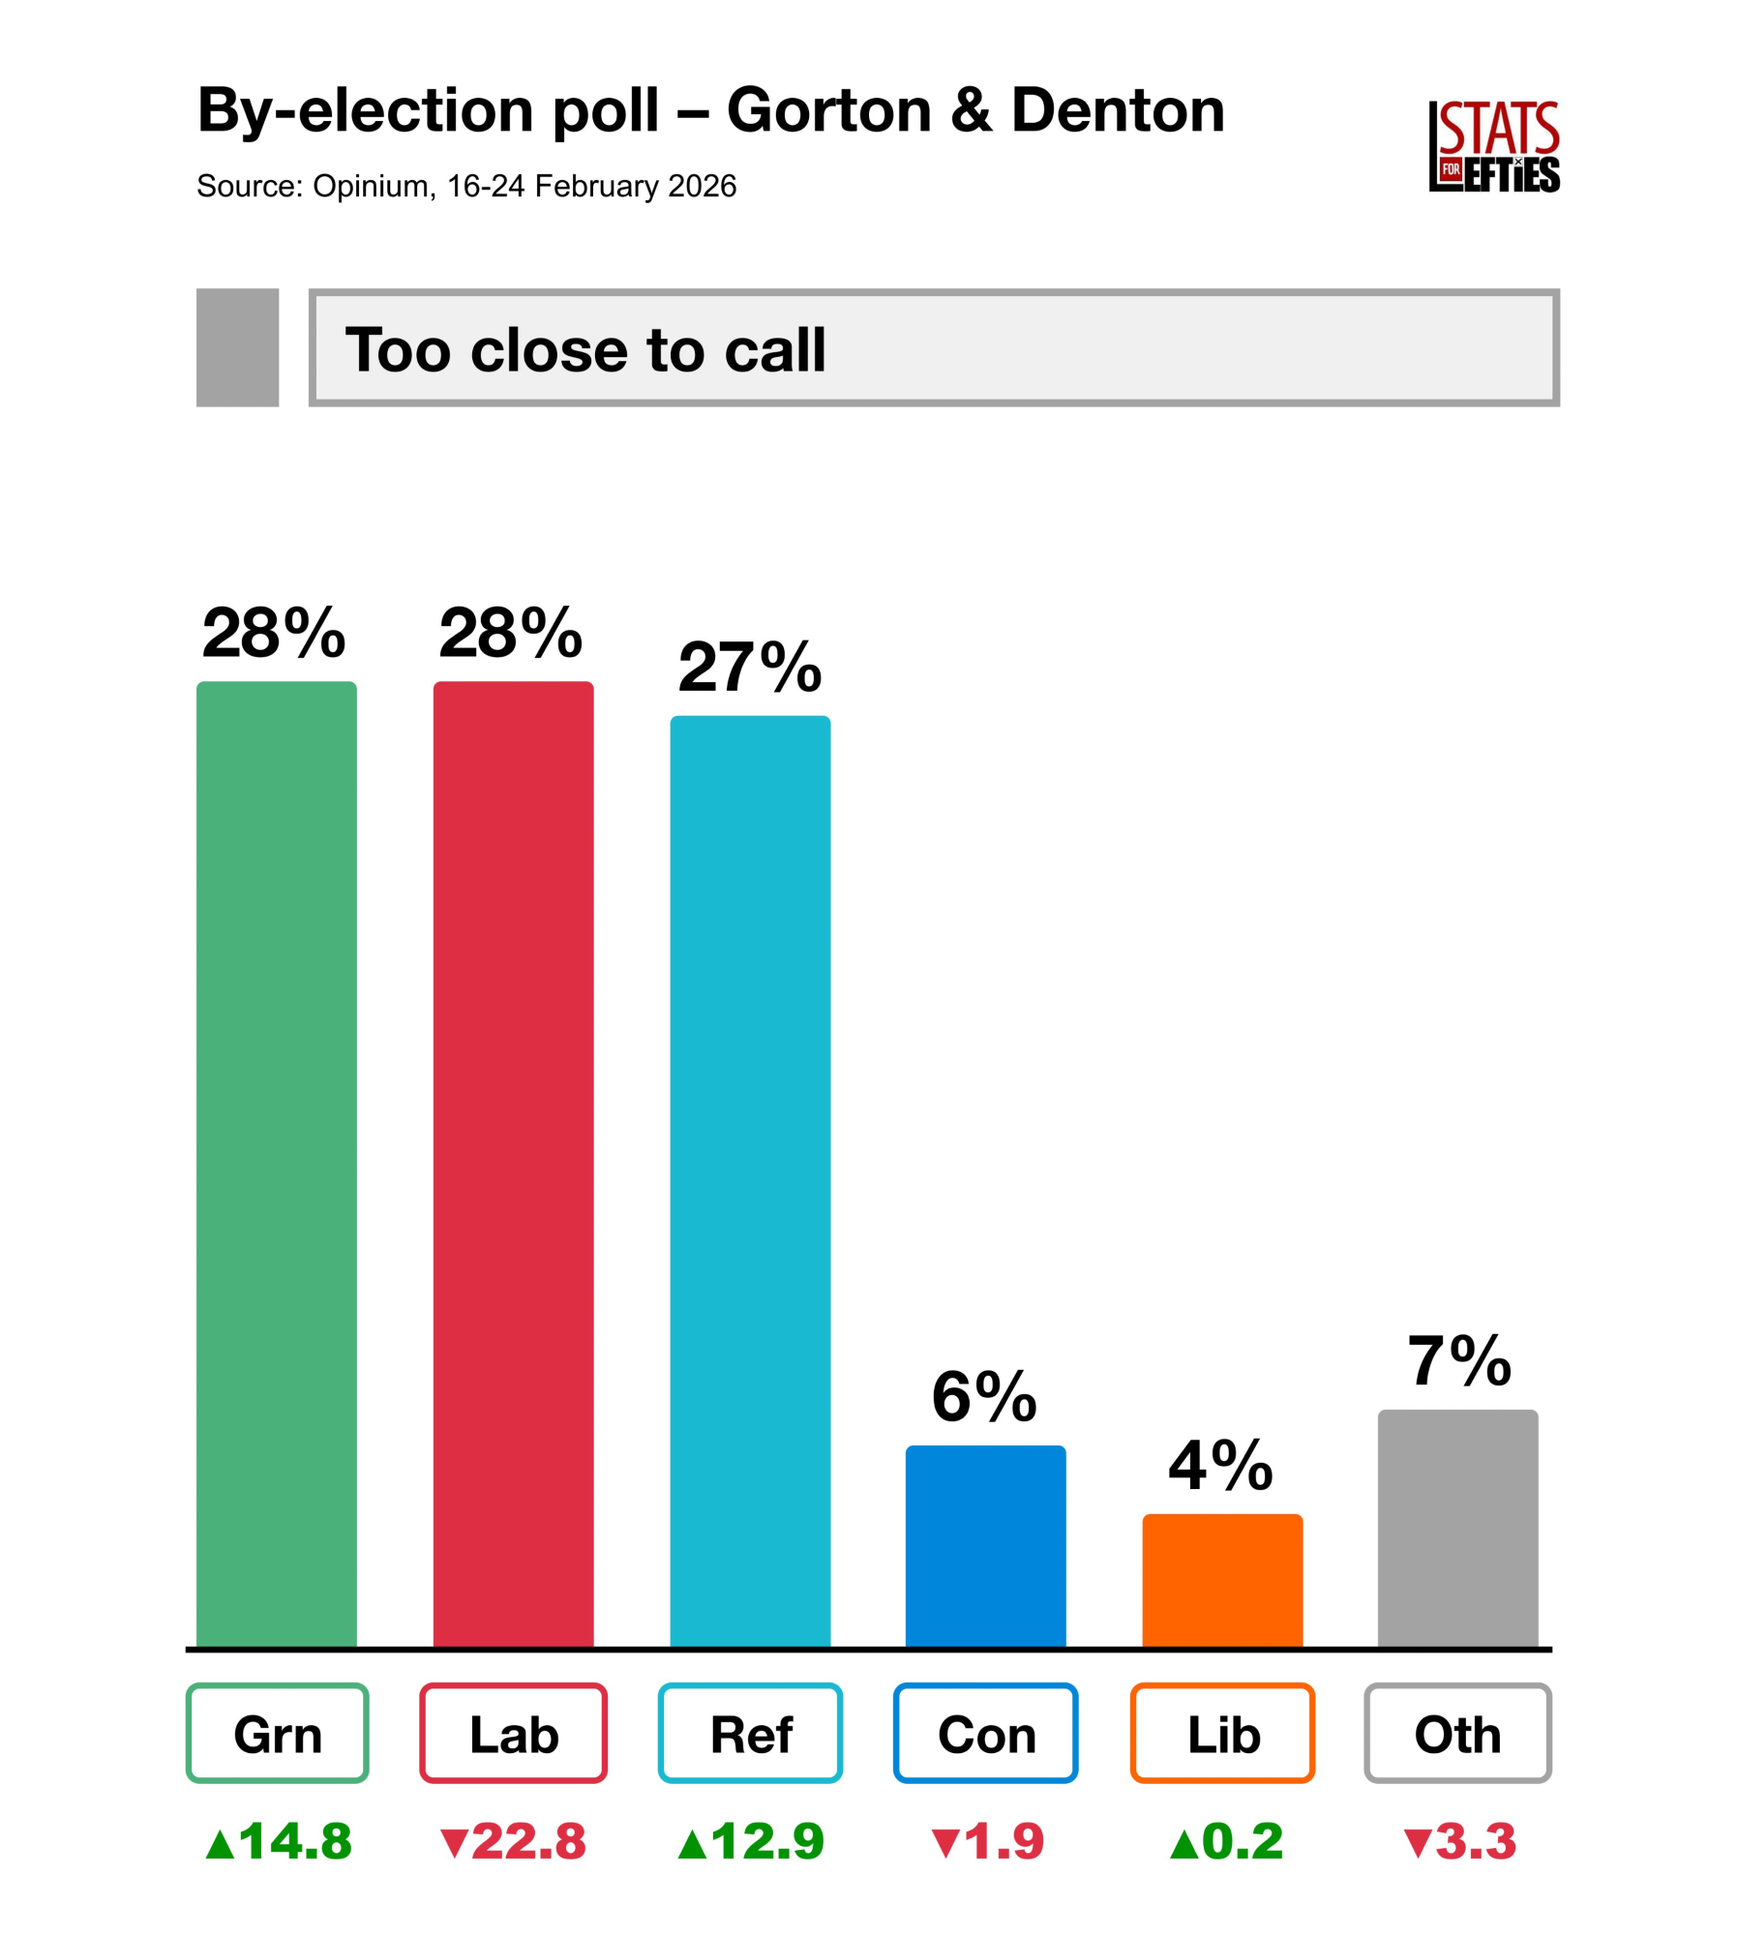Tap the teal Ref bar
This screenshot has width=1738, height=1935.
click(x=750, y=1180)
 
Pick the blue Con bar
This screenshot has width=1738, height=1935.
click(x=985, y=1546)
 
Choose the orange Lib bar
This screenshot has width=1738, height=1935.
click(x=1222, y=1580)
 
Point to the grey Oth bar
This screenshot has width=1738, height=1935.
click(x=1457, y=1529)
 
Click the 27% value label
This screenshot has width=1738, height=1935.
click(x=750, y=668)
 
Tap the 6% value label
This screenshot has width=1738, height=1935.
click(x=984, y=1397)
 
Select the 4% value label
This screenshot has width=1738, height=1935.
click(x=1220, y=1466)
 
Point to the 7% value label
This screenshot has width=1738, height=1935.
click(x=1459, y=1361)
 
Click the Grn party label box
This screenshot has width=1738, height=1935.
click(x=277, y=1734)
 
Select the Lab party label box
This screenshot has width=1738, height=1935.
click(x=513, y=1734)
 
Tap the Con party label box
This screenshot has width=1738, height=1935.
click(x=985, y=1734)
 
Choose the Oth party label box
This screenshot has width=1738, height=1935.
click(x=1457, y=1734)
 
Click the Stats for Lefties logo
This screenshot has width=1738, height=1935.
click(x=1493, y=147)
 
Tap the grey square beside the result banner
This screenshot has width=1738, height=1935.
click(x=237, y=347)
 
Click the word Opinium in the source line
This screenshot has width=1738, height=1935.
click(x=371, y=186)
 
